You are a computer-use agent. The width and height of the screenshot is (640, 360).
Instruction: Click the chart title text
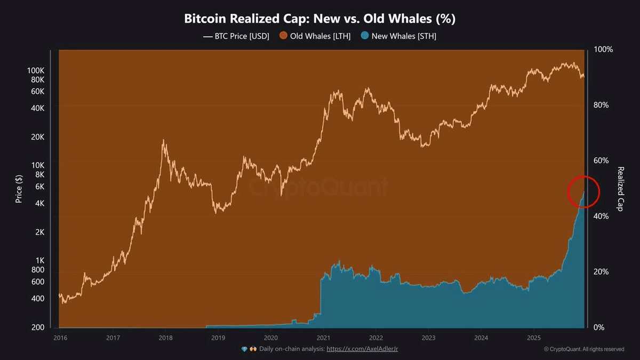319,19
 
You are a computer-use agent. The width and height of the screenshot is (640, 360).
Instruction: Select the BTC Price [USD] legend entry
237,36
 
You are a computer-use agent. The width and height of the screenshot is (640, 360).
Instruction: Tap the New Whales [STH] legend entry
398,36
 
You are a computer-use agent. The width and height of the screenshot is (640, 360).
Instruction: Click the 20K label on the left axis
38,137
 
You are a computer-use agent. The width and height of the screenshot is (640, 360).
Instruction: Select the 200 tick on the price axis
37,327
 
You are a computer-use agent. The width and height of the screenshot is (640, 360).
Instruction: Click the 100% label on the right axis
604,49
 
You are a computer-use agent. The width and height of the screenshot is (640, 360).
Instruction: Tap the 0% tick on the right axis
600,327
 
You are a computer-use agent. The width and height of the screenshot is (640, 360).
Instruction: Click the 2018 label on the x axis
165,338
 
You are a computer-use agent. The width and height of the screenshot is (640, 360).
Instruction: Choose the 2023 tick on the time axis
429,338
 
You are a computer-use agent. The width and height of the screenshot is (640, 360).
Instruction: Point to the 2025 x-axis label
534,338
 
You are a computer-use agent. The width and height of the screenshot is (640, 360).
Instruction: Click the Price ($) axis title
19,188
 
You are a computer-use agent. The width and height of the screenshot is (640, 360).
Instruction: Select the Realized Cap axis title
621,189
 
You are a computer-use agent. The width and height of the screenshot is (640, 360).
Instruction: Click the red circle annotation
584,191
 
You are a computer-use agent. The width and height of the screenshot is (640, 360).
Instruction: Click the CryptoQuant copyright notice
583,349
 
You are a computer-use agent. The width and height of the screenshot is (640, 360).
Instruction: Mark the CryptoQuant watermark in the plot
320,187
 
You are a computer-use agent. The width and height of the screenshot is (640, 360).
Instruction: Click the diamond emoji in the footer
244,349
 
